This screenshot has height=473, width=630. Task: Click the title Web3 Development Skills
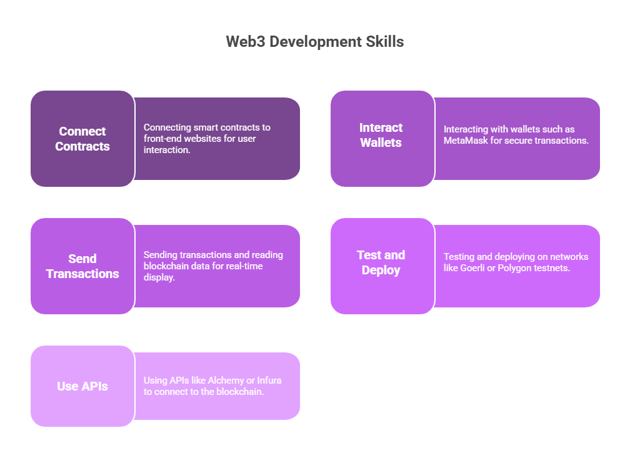[314, 42]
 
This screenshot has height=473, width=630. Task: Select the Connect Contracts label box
[82, 139]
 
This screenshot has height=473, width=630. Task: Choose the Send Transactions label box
[82, 266]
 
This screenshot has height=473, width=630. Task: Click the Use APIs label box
[82, 386]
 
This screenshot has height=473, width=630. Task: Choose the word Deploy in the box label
[381, 271]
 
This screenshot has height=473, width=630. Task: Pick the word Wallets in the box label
[381, 142]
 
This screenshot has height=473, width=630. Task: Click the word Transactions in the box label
[82, 274]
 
